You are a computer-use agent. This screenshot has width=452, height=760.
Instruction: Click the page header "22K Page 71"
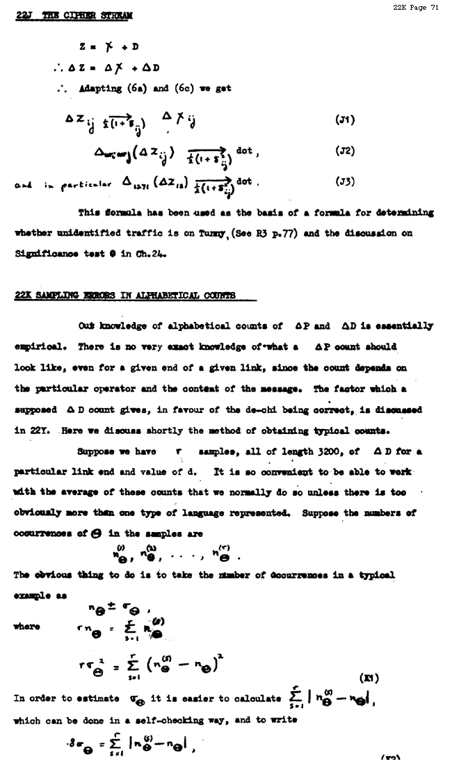click(416, 8)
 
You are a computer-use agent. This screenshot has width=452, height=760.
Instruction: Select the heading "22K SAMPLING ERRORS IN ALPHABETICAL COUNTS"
click(125, 296)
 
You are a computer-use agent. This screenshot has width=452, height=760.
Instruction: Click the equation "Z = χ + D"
click(109, 47)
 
